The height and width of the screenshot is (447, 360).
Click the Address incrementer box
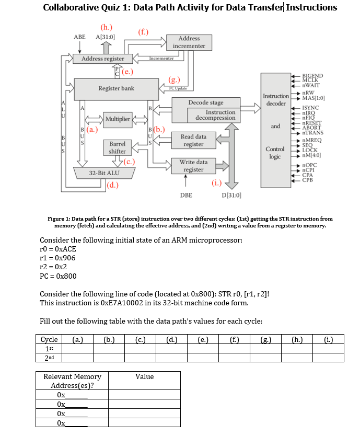tap(189, 42)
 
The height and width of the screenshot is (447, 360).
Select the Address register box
tap(103, 59)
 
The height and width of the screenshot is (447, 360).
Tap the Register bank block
tap(117, 88)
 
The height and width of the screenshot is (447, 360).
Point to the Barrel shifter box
tap(117, 147)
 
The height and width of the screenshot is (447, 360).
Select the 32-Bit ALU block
tap(104, 173)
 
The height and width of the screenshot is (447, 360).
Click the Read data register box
tap(193, 140)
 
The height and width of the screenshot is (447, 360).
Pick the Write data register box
tap(193, 166)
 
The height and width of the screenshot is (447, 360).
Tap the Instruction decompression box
tap(220, 115)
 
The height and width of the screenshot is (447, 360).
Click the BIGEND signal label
tap(313, 76)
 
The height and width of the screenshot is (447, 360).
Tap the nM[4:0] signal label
tap(312, 155)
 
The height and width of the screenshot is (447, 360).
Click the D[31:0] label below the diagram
tap(231, 195)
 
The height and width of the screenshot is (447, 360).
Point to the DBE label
tap(186, 195)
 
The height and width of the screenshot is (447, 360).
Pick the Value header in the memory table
tap(144, 376)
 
